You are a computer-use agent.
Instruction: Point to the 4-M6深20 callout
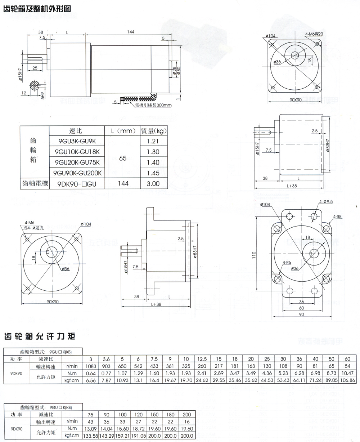314,34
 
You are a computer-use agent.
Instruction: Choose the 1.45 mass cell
153,173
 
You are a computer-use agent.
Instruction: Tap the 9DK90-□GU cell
76,183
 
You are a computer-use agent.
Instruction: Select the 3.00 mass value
153,183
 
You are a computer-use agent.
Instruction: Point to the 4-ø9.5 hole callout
326,201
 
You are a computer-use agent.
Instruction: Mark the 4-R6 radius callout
287,262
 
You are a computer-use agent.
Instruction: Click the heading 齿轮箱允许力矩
40,337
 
